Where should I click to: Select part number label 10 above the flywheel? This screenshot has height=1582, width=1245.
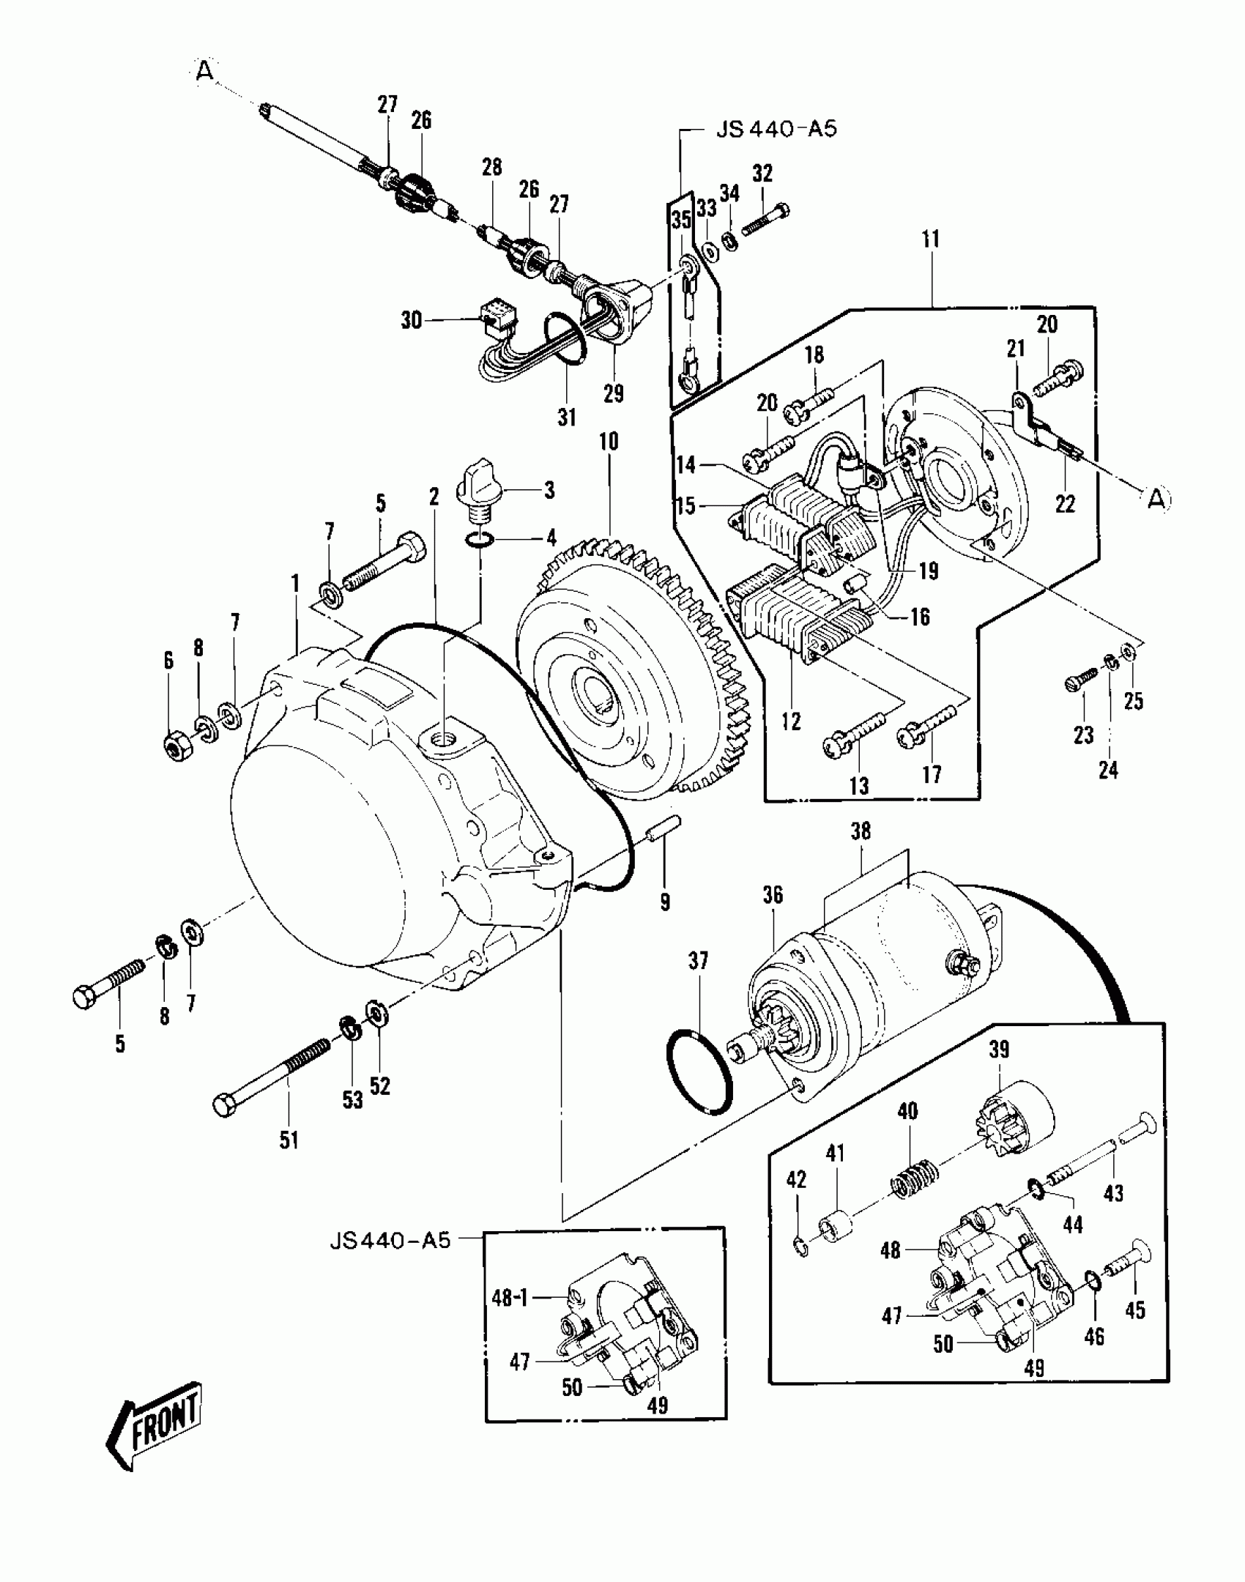(x=608, y=442)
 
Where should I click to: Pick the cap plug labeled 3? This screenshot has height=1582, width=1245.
(x=476, y=487)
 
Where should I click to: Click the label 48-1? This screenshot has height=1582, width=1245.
(x=510, y=1299)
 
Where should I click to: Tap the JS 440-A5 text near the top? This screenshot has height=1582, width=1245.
(x=775, y=130)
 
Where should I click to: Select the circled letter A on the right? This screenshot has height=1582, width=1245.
(x=1155, y=499)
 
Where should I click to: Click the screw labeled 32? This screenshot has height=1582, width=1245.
(x=765, y=219)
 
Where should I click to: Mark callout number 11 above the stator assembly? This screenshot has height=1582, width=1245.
(x=930, y=239)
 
